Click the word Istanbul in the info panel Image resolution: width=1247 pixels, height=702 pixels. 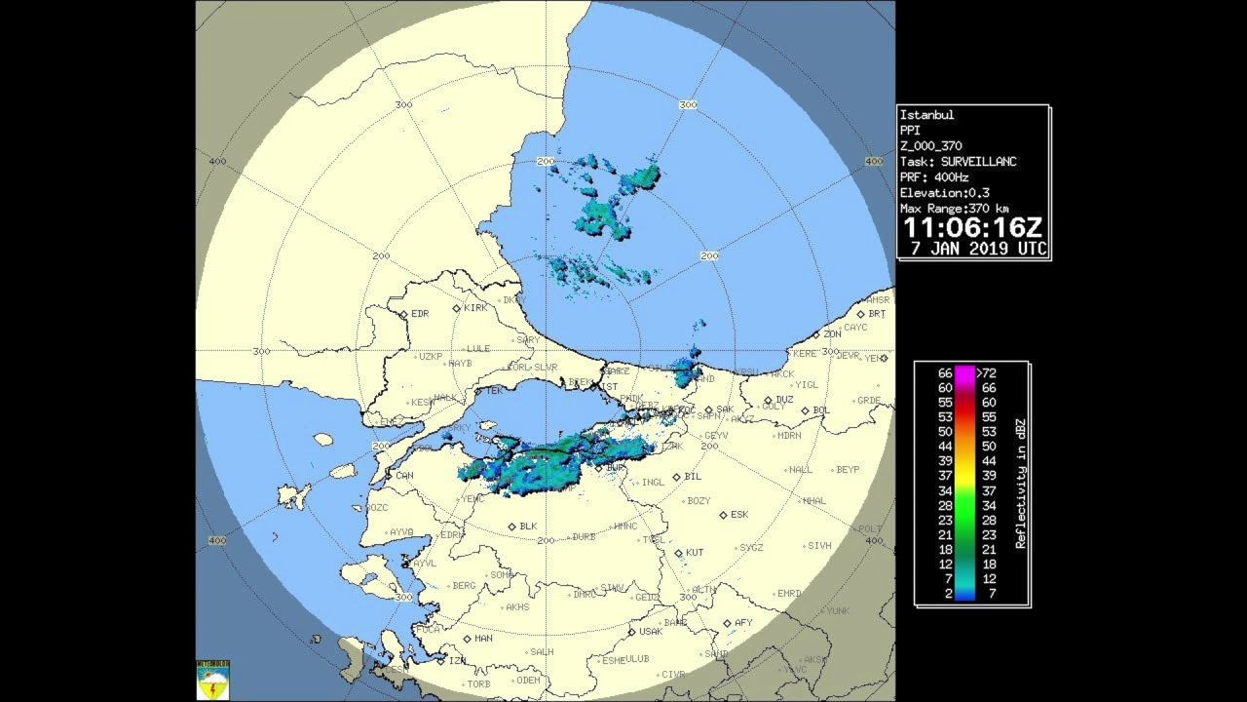(926, 115)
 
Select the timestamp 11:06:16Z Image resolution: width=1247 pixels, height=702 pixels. (972, 228)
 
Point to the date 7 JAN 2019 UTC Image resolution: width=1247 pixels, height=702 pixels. (978, 249)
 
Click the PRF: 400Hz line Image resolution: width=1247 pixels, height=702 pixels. (934, 177)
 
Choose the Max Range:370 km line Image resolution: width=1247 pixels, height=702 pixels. (954, 209)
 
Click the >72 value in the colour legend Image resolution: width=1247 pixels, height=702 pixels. (987, 372)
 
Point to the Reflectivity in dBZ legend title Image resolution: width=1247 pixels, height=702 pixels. (1020, 484)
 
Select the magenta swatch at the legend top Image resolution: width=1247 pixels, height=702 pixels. (964, 372)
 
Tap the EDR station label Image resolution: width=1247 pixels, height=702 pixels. (420, 314)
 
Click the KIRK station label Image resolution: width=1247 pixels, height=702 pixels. (475, 308)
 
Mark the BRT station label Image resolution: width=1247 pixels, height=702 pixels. (877, 314)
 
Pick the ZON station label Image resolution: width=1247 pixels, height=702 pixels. (832, 334)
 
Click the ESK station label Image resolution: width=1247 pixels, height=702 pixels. (739, 515)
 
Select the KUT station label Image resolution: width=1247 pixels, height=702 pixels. (694, 553)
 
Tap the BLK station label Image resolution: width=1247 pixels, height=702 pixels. (528, 526)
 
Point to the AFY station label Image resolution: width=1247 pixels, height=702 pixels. (743, 623)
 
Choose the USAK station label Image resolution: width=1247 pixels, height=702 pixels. (650, 632)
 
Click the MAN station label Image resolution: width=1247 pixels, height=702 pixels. (483, 639)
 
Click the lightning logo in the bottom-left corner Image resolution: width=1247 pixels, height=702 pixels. (212, 681)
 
